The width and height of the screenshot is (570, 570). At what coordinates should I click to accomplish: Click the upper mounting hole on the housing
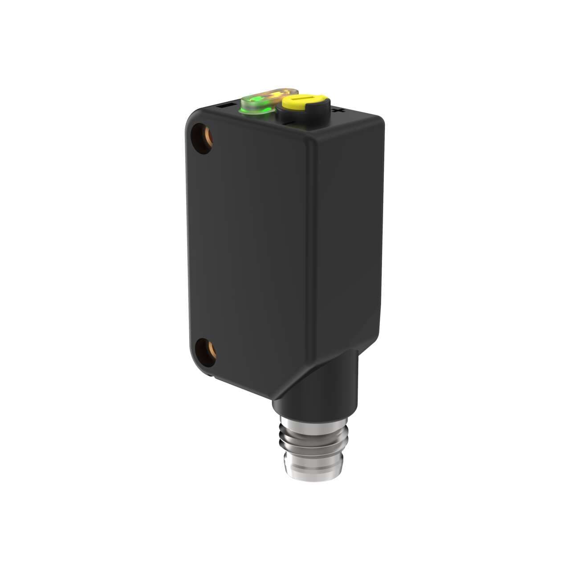[203, 138]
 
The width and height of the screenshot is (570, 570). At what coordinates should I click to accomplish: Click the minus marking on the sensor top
[224, 106]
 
